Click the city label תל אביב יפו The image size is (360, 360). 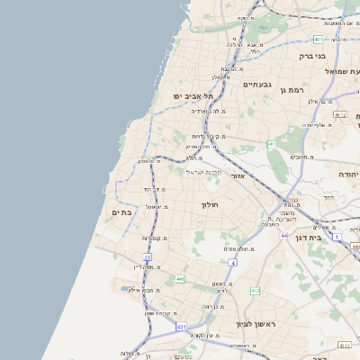click(194, 95)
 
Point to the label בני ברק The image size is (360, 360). click(310, 56)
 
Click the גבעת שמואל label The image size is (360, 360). click(341, 71)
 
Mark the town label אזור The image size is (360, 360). click(238, 176)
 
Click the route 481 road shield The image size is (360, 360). click(319, 40)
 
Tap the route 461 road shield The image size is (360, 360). click(271, 144)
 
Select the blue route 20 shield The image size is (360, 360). click(148, 257)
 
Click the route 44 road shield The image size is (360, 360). click(283, 235)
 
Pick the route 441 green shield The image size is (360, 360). click(179, 280)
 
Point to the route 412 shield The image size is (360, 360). click(255, 291)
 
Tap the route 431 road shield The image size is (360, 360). click(182, 327)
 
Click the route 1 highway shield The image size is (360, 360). click(337, 237)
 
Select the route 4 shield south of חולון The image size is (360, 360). click(231, 263)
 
